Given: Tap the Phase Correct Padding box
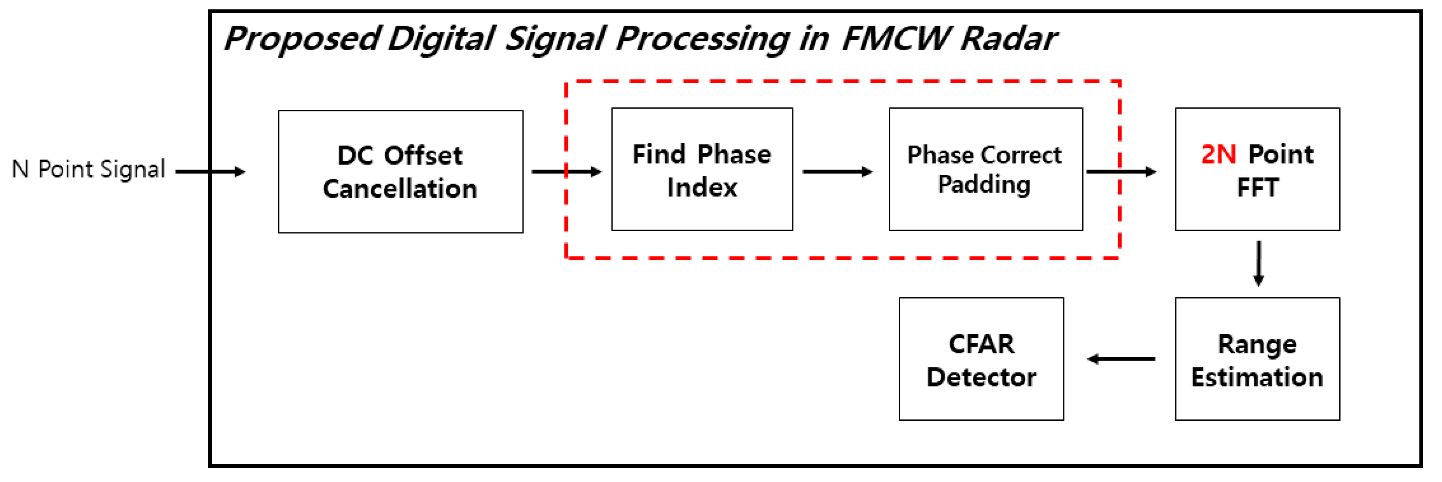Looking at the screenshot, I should point(985,169).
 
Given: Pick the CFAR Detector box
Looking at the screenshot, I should point(981,359).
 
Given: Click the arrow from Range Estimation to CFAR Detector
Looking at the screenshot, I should point(1121,359).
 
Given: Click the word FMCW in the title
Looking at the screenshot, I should point(896,39).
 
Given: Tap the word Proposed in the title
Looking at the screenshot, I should point(302,39).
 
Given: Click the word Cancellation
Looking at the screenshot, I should point(400,189).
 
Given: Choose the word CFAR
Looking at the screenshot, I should point(981,344).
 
